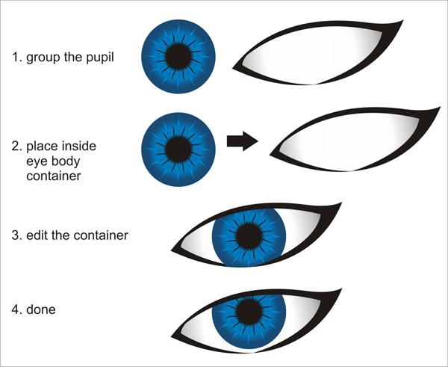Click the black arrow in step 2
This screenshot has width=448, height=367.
(240, 141)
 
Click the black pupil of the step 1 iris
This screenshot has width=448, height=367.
(178, 56)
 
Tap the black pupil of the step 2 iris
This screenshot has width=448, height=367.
(178, 141)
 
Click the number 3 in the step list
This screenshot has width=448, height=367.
(15, 235)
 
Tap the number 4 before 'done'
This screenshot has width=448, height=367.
(15, 307)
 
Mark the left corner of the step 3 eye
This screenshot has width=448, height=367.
(174, 250)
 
